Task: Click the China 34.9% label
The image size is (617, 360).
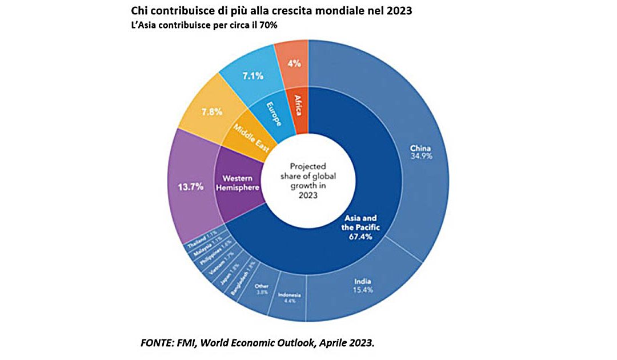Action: [x=420, y=153]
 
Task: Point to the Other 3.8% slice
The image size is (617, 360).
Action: [x=262, y=289]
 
